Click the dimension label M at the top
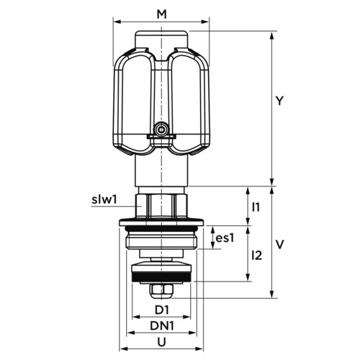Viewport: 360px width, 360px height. click(x=161, y=14)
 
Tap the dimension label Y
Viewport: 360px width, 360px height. click(x=279, y=101)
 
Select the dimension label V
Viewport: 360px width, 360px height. click(x=279, y=245)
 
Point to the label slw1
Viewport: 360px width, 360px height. click(x=104, y=199)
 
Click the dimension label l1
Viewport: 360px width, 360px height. click(x=256, y=207)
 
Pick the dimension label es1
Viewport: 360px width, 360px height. click(x=225, y=238)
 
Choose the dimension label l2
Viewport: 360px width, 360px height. click(x=257, y=256)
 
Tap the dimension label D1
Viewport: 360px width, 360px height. click(x=162, y=310)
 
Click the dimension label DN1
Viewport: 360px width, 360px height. click(x=162, y=326)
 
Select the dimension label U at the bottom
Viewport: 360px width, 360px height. click(x=162, y=342)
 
